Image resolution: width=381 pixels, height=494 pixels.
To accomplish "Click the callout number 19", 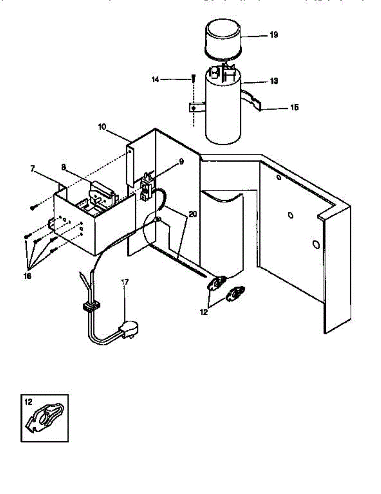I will click(x=274, y=35).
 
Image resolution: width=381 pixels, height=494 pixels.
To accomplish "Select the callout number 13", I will click(x=274, y=82).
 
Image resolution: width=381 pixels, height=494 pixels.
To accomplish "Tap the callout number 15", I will click(x=294, y=108).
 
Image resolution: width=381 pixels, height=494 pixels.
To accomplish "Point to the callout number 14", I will click(x=155, y=79).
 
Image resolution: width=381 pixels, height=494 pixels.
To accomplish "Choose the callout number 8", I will click(x=63, y=168).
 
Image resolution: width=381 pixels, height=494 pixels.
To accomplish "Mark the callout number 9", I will click(x=181, y=162).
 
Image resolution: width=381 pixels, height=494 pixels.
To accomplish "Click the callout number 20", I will click(x=193, y=214).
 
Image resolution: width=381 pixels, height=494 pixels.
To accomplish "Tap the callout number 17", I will click(x=125, y=282).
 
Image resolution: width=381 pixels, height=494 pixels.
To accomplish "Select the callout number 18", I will click(x=28, y=276).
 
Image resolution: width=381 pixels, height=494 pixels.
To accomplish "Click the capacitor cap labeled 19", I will click(x=223, y=39).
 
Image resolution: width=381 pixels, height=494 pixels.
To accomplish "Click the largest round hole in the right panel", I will click(x=316, y=245).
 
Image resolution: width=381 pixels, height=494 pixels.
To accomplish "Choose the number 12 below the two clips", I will click(x=203, y=312).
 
